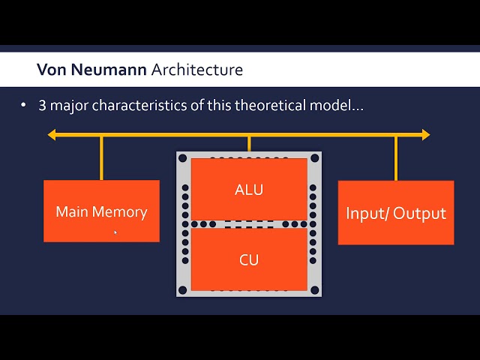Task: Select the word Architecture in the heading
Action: click(x=197, y=70)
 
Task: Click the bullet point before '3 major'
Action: click(x=24, y=106)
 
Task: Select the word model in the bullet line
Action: click(x=334, y=106)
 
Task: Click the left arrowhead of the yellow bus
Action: click(x=52, y=135)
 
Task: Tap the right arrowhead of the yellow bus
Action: click(x=425, y=135)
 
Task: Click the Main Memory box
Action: click(x=101, y=211)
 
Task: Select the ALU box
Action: click(x=249, y=189)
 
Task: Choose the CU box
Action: click(x=249, y=259)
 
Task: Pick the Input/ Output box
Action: click(x=396, y=212)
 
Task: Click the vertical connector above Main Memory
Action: click(x=101, y=158)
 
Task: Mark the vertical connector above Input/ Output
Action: click(x=396, y=158)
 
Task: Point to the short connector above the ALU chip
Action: click(x=249, y=144)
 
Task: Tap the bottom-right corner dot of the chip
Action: click(x=315, y=290)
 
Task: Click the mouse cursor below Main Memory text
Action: click(x=115, y=232)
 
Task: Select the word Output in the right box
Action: click(x=419, y=213)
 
